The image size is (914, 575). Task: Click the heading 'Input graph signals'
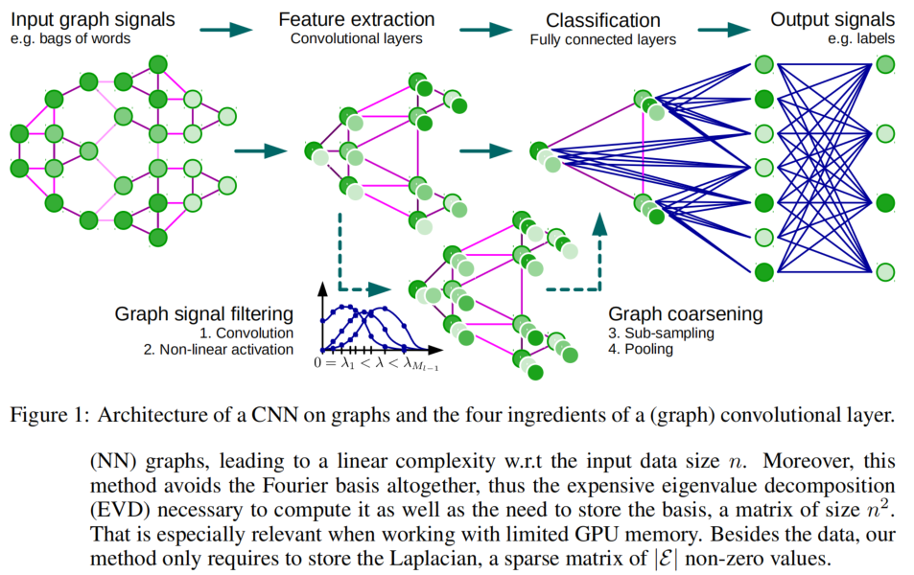click(x=94, y=18)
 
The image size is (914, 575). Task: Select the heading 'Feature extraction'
click(x=356, y=18)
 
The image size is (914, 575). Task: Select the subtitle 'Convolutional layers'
click(x=357, y=38)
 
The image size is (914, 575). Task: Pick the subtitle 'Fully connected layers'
click(x=602, y=39)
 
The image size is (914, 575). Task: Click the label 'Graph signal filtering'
click(x=203, y=313)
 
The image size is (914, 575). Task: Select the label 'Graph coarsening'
click(x=686, y=313)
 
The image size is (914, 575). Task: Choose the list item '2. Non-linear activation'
click(x=219, y=350)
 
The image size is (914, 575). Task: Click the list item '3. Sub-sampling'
click(x=660, y=332)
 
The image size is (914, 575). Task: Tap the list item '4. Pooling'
click(x=640, y=350)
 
